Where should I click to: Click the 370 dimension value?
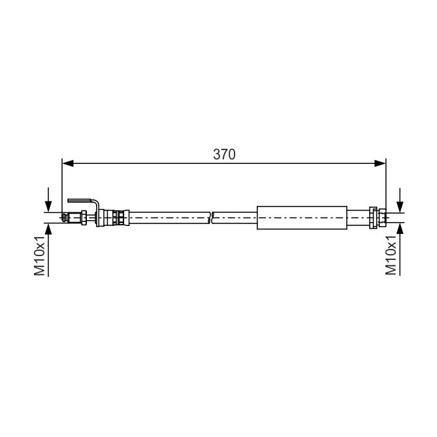(224, 154)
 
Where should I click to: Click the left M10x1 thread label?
(39, 255)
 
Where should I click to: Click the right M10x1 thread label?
(391, 255)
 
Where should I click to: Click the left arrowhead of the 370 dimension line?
(68, 163)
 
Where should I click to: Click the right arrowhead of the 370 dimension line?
(380, 163)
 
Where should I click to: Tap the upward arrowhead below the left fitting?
(48, 229)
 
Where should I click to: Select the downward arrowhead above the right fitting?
(400, 207)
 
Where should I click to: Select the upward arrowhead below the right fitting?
(400, 229)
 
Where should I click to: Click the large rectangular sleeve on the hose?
(302, 218)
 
